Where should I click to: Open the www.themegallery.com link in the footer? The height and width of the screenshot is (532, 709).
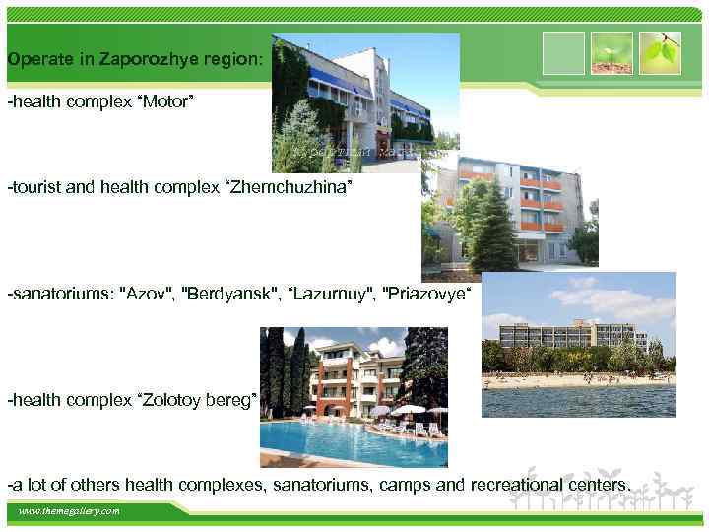[69, 511]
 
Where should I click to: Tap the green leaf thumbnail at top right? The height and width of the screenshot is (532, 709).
[660, 52]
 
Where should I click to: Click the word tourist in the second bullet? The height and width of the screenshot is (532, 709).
[35, 186]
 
